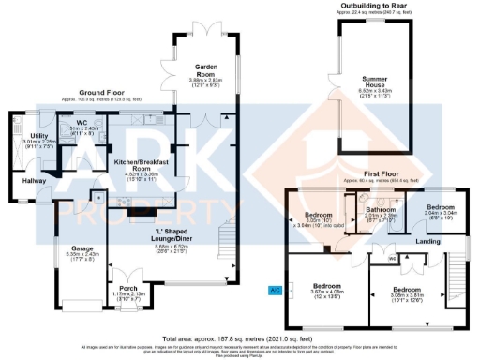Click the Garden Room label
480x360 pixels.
click(206, 69)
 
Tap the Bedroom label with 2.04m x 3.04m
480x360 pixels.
click(441, 206)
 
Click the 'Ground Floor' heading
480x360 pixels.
click(104, 92)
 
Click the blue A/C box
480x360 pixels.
click(275, 292)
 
